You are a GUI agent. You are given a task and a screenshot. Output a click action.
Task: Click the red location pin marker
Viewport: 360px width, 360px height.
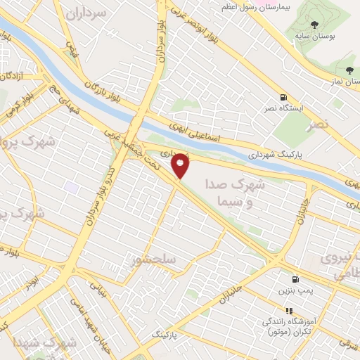pos(181,165)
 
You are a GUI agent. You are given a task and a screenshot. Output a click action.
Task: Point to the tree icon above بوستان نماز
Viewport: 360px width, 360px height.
pos(349,70)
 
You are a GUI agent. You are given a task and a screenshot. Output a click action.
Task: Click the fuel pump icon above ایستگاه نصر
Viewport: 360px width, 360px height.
pos(283,98)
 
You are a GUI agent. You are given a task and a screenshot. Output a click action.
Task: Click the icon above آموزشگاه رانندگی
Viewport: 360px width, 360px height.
pos(288,310)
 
